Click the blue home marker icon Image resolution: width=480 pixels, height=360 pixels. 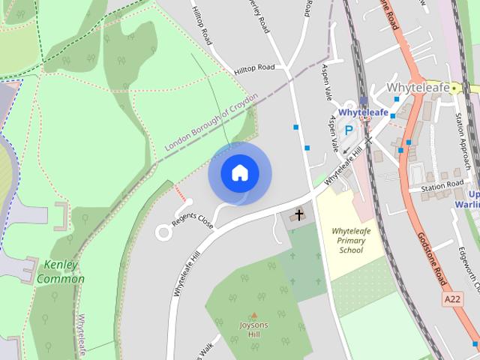pyautogui.click(x=239, y=173)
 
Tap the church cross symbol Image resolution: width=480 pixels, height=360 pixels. pyautogui.click(x=298, y=216)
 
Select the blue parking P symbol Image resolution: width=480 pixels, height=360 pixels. pyautogui.click(x=348, y=130)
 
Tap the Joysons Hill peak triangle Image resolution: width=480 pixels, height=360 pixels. pyautogui.click(x=253, y=316)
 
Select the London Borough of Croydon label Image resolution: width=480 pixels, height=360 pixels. pyautogui.click(x=211, y=122)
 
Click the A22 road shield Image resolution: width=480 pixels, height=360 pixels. pyautogui.click(x=451, y=299)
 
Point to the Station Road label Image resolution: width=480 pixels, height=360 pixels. pyautogui.click(x=442, y=187)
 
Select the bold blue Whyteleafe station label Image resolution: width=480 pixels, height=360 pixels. pyautogui.click(x=363, y=112)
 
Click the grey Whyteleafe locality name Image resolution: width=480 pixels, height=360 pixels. pyautogui.click(x=418, y=88)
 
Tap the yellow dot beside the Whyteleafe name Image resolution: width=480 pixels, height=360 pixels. pyautogui.click(x=454, y=88)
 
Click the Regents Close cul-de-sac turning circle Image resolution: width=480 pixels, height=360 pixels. pyautogui.click(x=163, y=232)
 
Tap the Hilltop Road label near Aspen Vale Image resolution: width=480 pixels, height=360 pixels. pyautogui.click(x=254, y=68)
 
